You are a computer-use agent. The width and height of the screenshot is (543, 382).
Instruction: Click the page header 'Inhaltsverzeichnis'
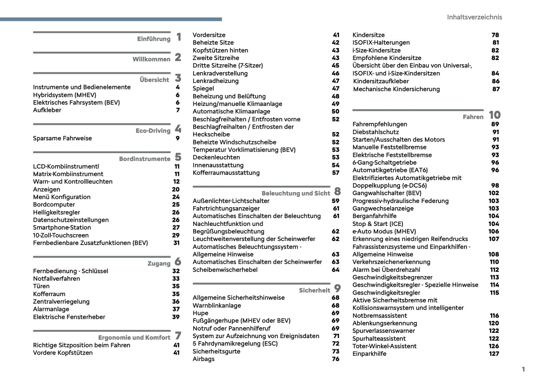click(x=474, y=17)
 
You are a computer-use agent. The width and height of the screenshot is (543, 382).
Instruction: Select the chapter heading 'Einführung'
click(x=154, y=39)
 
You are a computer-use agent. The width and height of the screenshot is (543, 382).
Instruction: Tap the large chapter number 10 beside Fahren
click(x=495, y=115)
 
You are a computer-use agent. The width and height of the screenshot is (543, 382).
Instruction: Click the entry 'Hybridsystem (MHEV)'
click(x=65, y=95)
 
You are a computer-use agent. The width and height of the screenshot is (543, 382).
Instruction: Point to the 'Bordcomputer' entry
click(x=54, y=205)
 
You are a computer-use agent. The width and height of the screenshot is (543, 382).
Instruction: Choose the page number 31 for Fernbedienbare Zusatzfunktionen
click(x=176, y=243)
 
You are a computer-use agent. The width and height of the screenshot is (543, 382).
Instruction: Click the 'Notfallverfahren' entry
click(x=56, y=278)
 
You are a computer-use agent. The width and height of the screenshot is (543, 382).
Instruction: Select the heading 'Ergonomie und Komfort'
click(x=134, y=338)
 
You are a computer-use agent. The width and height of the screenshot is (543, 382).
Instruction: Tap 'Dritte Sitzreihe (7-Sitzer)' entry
click(x=228, y=65)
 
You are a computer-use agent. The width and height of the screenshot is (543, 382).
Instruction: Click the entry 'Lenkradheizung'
click(x=215, y=81)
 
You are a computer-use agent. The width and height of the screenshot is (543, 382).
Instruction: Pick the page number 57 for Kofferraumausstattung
click(x=336, y=173)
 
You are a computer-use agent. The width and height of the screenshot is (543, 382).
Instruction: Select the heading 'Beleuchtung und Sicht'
click(x=295, y=194)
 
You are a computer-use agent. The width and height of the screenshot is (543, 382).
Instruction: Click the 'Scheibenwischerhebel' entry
click(x=225, y=269)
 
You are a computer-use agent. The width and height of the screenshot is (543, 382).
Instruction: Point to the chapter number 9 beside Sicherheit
click(x=337, y=289)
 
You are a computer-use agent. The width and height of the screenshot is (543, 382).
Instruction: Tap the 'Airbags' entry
click(x=203, y=359)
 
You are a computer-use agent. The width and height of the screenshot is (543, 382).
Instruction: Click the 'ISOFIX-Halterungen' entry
click(x=381, y=42)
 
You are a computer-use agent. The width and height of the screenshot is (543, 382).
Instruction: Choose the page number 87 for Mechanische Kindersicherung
click(x=496, y=89)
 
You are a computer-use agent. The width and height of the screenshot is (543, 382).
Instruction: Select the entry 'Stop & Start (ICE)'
click(x=378, y=224)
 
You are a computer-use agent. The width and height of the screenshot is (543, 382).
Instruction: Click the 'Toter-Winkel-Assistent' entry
click(x=384, y=346)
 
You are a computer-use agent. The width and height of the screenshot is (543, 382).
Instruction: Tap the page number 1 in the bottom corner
click(x=523, y=369)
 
